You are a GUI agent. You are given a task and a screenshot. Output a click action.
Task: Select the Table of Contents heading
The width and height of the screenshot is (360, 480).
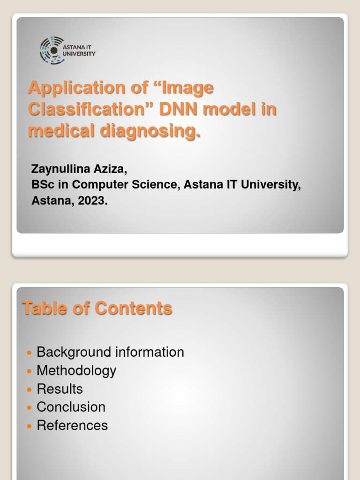[x=97, y=308]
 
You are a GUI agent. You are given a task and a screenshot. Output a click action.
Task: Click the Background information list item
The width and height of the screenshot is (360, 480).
[x=110, y=352]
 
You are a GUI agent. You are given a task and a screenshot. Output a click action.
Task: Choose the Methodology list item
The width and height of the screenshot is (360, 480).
[x=76, y=370]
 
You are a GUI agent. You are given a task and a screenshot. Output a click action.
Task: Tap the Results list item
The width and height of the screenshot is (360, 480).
[x=60, y=389]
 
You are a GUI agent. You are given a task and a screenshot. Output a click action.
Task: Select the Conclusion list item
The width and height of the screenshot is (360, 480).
[x=71, y=407]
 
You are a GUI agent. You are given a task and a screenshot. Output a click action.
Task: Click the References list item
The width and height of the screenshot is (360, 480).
[x=72, y=425]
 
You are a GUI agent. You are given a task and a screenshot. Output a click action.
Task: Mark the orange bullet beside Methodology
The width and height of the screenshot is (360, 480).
[x=30, y=371]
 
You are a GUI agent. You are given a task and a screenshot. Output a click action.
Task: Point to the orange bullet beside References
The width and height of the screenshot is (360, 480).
[x=30, y=426]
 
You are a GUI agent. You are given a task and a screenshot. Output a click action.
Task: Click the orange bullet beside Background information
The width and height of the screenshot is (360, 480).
[x=30, y=352]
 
